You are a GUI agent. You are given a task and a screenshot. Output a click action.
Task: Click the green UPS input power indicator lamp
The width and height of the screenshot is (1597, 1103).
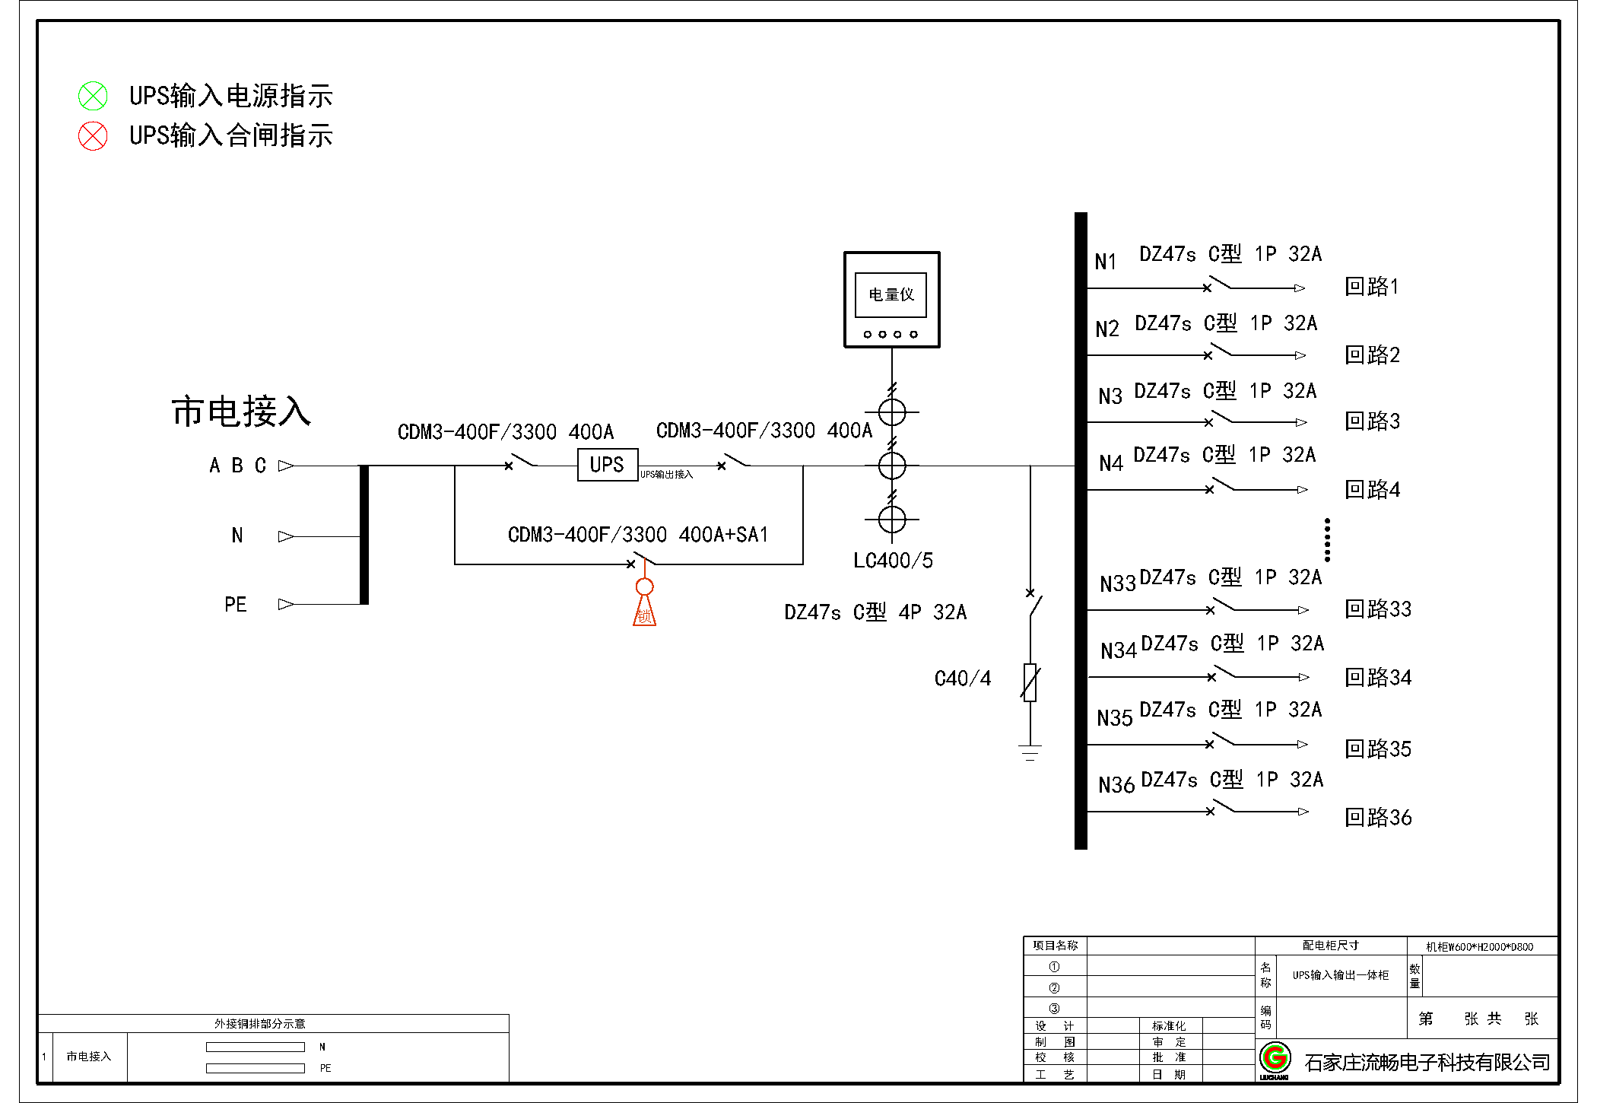(x=94, y=97)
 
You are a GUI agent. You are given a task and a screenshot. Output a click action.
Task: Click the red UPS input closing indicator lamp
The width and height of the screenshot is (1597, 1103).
(x=94, y=136)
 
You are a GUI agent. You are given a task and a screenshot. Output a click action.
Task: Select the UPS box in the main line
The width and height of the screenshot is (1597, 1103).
(x=607, y=465)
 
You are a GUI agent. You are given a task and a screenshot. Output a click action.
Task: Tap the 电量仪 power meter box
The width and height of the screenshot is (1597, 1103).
(x=891, y=299)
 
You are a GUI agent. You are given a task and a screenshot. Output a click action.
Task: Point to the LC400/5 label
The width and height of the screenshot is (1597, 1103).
(x=893, y=561)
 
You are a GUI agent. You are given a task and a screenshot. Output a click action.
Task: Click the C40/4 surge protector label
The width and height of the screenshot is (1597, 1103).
(x=962, y=679)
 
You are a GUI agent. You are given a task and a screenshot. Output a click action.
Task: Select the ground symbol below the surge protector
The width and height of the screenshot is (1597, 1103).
(x=1030, y=752)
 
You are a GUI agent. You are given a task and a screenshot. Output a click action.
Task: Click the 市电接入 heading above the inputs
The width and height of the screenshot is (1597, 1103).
(x=241, y=412)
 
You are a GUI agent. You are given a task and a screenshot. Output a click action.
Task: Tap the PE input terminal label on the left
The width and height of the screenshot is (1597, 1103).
(x=236, y=605)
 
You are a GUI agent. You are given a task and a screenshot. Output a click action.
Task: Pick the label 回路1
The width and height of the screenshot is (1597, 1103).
(x=1371, y=287)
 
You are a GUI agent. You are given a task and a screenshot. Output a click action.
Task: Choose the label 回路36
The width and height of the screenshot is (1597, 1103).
(x=1378, y=818)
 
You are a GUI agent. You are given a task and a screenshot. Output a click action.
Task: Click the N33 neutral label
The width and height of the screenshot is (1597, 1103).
(x=1117, y=584)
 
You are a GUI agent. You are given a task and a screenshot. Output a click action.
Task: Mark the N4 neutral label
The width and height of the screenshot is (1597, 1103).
(x=1111, y=463)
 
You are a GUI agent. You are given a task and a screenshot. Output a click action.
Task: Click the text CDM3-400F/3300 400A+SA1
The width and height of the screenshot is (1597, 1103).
(x=637, y=535)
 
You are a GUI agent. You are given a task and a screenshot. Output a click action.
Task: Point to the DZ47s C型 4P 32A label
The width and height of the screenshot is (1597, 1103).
(x=875, y=612)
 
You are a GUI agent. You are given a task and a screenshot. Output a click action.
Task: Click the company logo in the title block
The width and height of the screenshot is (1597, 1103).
(x=1275, y=1059)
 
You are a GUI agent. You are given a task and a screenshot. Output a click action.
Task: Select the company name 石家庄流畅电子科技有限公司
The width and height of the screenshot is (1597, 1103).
(x=1427, y=1063)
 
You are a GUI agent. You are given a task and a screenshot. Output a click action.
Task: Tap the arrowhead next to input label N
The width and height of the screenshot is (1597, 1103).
(x=286, y=536)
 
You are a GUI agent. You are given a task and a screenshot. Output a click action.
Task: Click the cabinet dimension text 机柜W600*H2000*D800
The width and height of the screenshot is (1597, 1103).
(x=1479, y=947)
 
